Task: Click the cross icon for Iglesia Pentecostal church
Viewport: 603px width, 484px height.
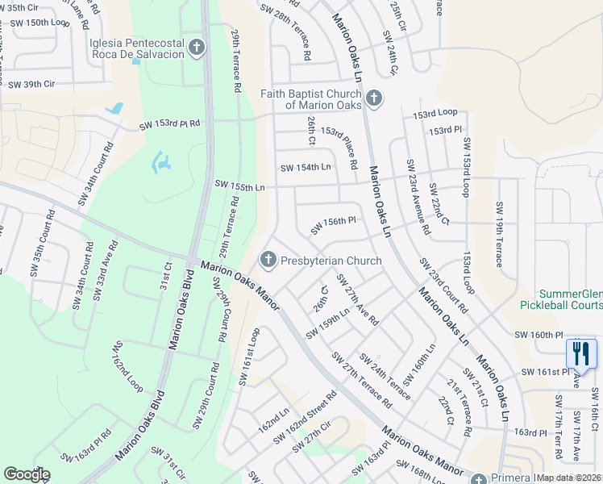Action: coord(196,49)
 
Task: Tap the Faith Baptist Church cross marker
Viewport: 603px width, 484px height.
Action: coord(372,99)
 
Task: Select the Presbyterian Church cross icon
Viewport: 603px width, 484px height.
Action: coord(268,261)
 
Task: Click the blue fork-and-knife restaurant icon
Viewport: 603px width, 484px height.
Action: coord(581,353)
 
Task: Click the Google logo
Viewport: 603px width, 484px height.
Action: coord(27,474)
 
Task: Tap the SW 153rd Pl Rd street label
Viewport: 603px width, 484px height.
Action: coord(169,125)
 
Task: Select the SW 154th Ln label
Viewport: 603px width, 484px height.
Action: coord(306,168)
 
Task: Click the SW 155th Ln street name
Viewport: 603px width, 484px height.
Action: coord(239,186)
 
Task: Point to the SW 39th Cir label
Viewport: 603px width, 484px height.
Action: coord(31,84)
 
